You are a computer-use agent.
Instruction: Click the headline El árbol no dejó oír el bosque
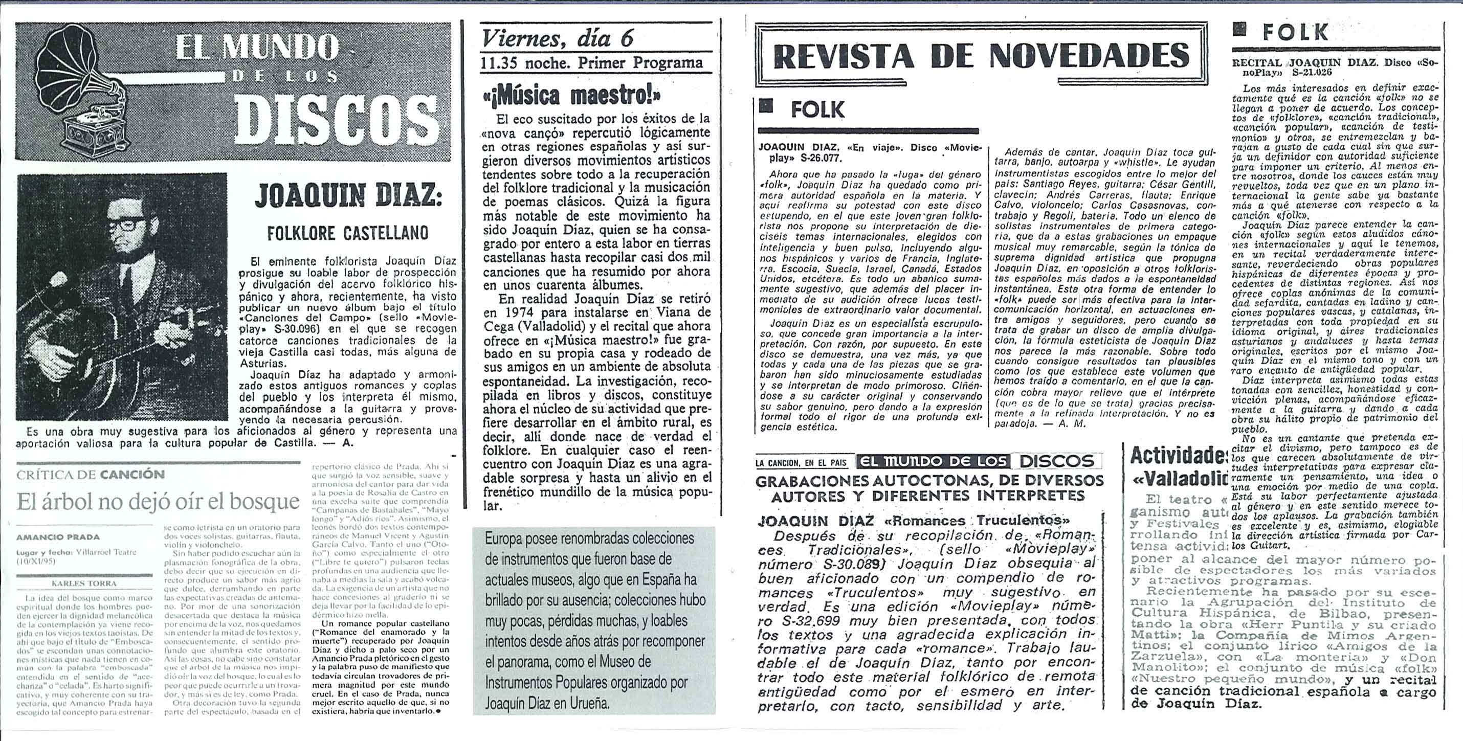point(158,501)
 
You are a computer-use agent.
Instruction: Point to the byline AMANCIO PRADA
point(58,536)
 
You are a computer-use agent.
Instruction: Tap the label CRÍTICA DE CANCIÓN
point(91,474)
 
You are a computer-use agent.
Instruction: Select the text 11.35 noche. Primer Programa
point(591,62)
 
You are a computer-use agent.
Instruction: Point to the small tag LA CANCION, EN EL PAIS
point(802,463)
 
